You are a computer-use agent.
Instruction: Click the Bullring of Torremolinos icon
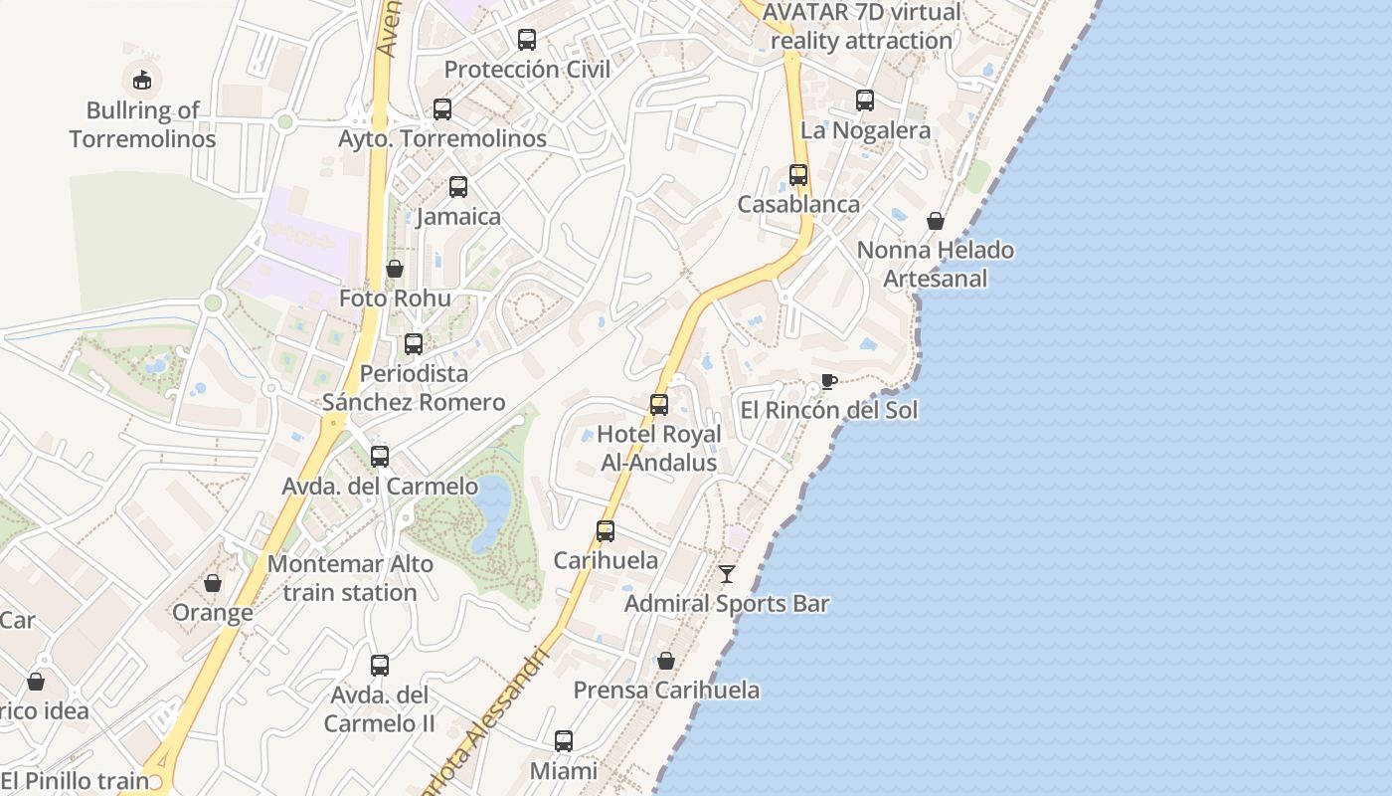pos(142,79)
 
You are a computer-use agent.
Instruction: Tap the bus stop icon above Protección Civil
pos(527,40)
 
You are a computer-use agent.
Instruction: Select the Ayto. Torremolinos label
pos(442,138)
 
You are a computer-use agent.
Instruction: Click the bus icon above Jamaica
pos(458,187)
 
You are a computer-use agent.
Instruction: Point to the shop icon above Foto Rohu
pos(395,269)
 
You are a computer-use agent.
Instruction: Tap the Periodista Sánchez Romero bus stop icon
pos(414,344)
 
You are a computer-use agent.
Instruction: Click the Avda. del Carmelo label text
pos(380,487)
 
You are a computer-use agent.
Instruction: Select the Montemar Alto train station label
pos(350,578)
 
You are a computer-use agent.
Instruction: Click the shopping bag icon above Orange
pos(213,583)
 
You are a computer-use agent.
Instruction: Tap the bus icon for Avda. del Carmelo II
pos(380,666)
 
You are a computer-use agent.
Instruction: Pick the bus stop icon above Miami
pos(564,741)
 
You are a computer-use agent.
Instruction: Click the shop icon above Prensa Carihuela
pos(666,661)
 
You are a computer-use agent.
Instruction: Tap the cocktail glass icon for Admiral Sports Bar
pos(727,574)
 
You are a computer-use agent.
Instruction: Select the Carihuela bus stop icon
pos(606,531)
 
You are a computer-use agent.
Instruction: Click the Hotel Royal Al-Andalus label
pos(659,449)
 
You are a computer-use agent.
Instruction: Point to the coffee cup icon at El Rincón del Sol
pos(828,381)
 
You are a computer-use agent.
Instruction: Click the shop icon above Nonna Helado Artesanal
pos(936,221)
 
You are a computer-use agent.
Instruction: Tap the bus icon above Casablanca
pos(798,175)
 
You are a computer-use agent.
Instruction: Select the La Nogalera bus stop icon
pos(865,100)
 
